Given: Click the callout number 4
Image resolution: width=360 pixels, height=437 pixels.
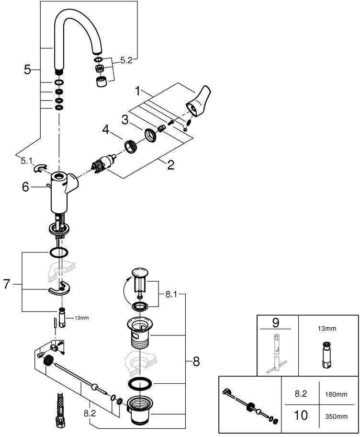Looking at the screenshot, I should click(105, 129).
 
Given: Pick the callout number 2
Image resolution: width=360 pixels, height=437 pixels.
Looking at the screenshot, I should click(171, 166).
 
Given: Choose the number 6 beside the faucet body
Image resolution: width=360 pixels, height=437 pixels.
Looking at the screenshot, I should click(26, 187).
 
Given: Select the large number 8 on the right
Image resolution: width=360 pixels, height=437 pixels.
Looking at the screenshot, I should click(196, 362).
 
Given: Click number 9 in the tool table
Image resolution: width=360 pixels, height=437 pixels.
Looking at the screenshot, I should click(275, 322).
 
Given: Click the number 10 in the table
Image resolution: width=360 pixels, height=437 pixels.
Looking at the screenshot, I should click(300, 415).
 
